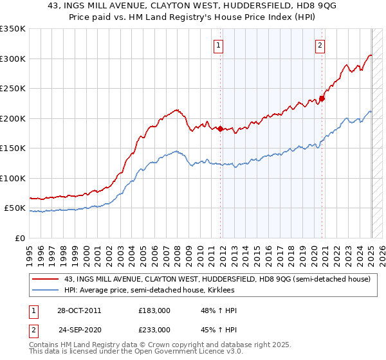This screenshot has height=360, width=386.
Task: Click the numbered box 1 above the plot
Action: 219,45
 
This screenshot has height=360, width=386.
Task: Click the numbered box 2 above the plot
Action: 320,45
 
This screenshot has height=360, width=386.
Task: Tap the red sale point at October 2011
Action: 220,129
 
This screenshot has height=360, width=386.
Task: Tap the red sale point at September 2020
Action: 322,98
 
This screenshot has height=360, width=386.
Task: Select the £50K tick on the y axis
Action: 15,208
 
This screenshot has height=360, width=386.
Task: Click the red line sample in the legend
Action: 46,279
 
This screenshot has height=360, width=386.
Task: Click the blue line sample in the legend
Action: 46,290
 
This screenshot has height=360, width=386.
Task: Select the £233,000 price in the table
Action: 154,329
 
